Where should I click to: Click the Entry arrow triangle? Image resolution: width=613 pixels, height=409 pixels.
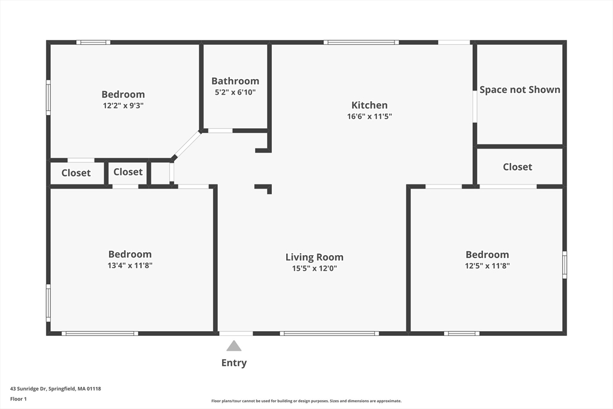[234, 346]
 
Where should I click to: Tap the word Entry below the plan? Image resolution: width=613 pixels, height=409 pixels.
[234, 363]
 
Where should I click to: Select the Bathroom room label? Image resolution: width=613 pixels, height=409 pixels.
[235, 81]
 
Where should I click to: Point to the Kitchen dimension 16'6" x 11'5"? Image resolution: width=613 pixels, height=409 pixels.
[369, 117]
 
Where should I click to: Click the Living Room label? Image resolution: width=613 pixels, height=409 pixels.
[314, 257]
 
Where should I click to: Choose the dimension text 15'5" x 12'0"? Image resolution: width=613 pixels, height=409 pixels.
[314, 269]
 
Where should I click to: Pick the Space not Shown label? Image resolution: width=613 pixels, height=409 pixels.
[520, 89]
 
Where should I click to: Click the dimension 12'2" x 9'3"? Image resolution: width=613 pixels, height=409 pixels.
[123, 105]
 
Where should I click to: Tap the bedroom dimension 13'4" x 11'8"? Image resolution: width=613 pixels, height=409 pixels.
[130, 265]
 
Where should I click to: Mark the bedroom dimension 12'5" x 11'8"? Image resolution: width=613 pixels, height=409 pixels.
[487, 265]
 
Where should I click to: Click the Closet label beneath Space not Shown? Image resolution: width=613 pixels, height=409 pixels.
[517, 167]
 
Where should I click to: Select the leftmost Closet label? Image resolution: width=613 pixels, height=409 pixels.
[76, 173]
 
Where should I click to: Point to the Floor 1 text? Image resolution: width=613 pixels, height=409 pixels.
[19, 398]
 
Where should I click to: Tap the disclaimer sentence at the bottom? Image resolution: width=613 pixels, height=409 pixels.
[306, 401]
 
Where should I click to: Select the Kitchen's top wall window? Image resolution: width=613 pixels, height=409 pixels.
[362, 43]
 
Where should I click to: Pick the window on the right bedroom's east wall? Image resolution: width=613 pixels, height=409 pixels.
[564, 265]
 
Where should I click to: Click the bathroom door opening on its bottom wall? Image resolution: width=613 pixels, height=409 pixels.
[220, 131]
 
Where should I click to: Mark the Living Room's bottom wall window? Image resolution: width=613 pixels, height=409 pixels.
[329, 333]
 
